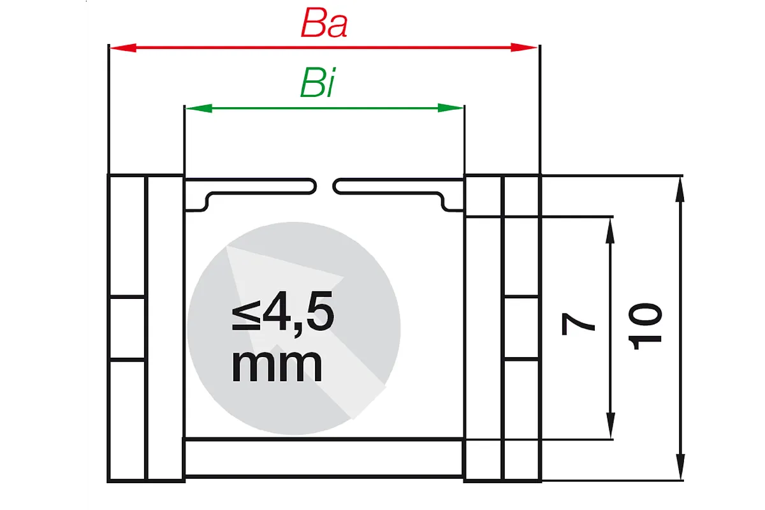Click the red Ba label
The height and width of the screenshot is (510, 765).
324,23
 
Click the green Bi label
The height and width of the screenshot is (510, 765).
317,83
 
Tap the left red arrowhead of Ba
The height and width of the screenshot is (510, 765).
123,47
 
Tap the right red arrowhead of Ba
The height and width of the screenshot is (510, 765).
524,47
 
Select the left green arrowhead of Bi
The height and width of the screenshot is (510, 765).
198,108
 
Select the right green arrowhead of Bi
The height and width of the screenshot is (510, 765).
451,108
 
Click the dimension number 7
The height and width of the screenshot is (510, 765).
578,324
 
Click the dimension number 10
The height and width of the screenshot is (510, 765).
645,326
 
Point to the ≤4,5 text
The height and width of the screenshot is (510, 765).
283,311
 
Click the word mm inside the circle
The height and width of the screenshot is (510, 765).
277,367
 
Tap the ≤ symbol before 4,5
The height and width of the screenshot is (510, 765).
246,315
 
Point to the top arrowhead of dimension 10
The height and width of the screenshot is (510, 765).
680,190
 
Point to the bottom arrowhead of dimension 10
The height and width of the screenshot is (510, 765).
680,467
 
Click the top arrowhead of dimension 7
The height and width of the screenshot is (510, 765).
610,231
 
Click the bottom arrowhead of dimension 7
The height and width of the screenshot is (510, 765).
610,425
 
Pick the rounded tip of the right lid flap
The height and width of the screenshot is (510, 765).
334,187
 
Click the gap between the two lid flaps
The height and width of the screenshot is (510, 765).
324,187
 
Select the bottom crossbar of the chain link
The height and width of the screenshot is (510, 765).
324,457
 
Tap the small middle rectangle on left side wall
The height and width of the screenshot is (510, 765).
127,328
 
